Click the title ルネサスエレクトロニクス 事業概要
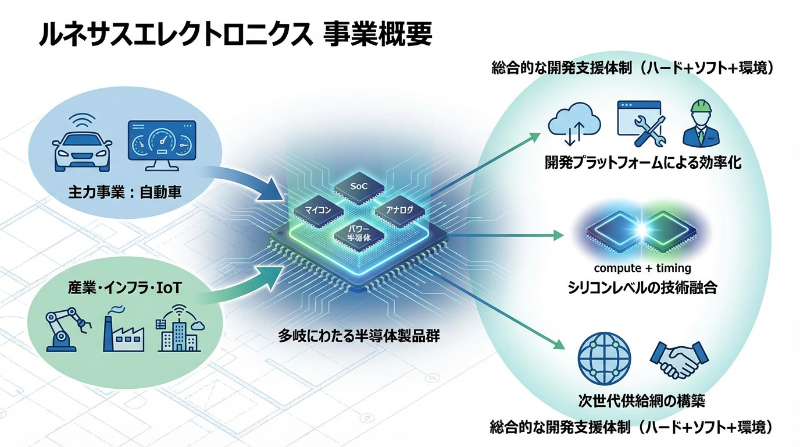coord(235,34)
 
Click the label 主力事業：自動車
coord(125,191)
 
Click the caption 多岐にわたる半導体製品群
coord(359,336)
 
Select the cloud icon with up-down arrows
coord(574,124)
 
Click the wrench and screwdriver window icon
coord(639,123)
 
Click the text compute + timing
coord(642,268)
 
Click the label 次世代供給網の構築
coord(642,401)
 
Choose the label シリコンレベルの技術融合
coord(642,288)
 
